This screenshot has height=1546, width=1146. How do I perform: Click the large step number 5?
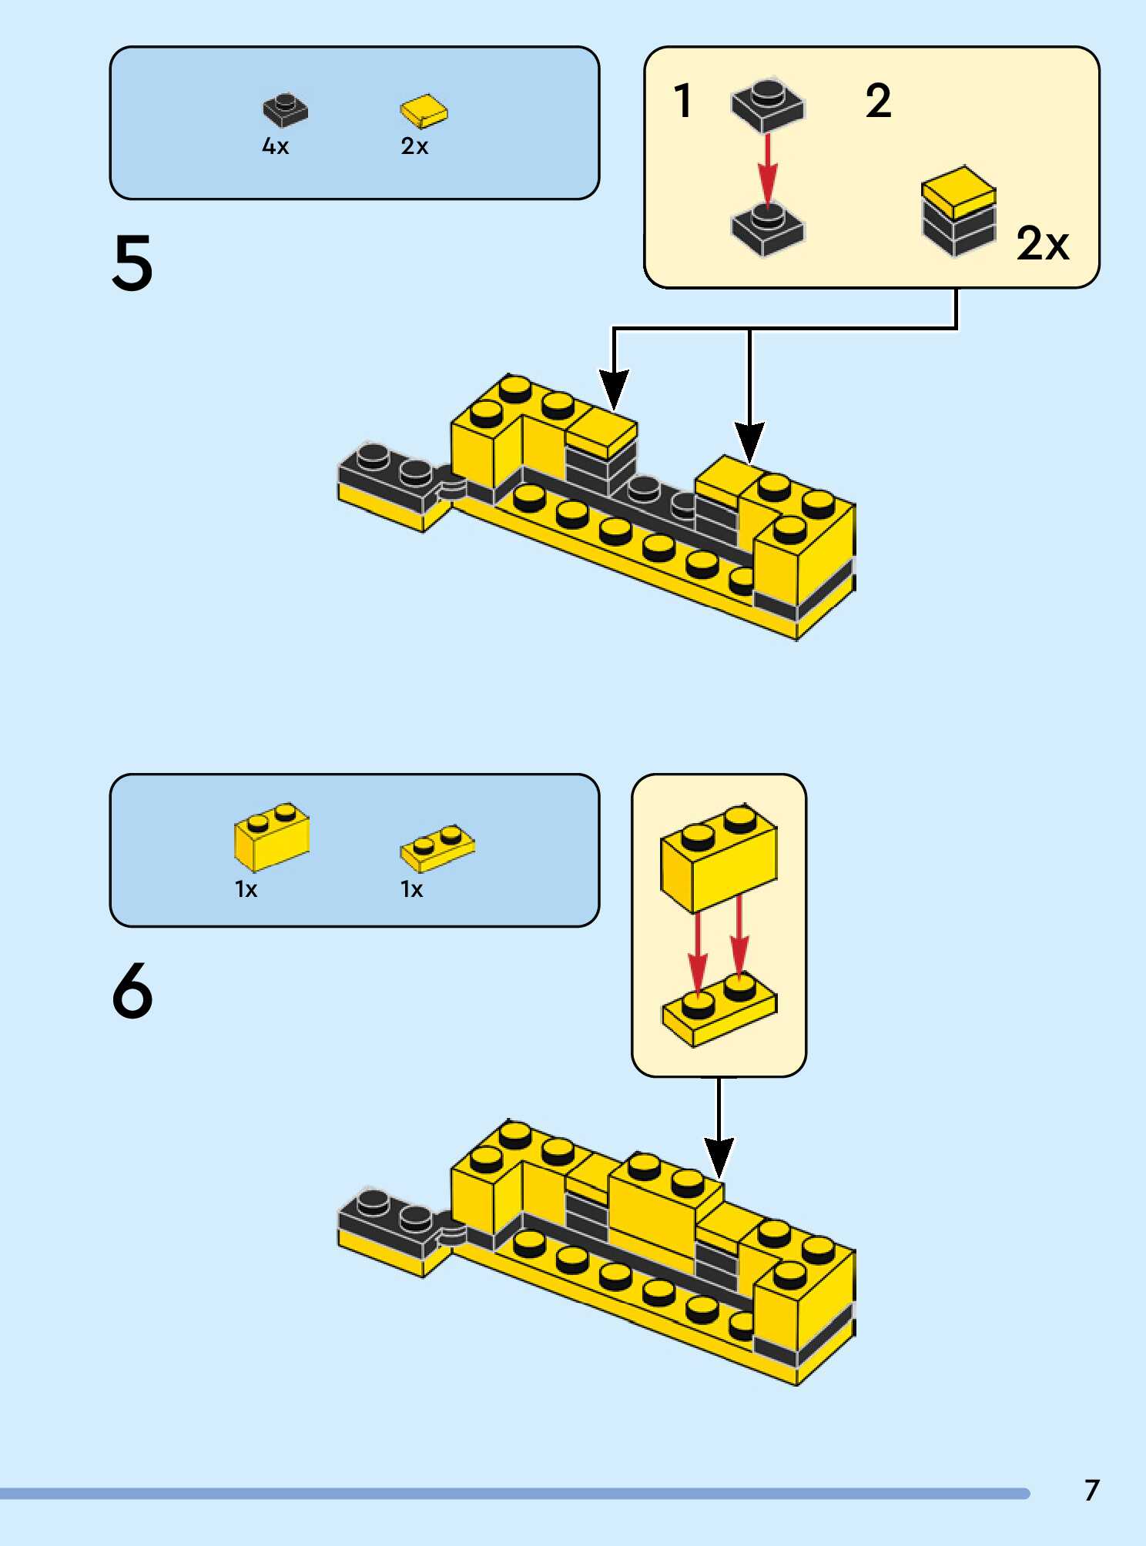(x=132, y=263)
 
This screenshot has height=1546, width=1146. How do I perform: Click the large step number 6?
(x=132, y=991)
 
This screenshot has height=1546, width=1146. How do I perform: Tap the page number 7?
(x=1091, y=1491)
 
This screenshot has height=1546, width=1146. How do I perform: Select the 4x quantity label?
(x=275, y=146)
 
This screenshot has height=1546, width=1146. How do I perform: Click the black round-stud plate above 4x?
(x=285, y=110)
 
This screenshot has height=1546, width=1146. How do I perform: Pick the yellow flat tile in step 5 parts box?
(x=424, y=111)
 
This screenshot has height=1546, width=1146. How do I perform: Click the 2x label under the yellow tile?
(x=414, y=146)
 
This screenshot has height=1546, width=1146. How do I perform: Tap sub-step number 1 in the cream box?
(x=683, y=101)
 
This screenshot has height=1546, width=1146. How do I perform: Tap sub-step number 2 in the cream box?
(x=878, y=101)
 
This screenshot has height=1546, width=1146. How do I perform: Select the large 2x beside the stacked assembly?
(x=1043, y=244)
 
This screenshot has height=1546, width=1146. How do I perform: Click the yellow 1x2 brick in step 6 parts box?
(x=272, y=837)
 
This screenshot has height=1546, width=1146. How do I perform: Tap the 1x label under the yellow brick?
(x=246, y=890)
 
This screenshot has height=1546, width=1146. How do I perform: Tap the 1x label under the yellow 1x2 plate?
(x=411, y=890)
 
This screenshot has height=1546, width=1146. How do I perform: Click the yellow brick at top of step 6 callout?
(x=719, y=858)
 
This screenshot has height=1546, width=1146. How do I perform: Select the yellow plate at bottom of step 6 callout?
(x=719, y=1009)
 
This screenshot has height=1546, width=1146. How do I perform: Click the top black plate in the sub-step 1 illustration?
(x=767, y=105)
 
